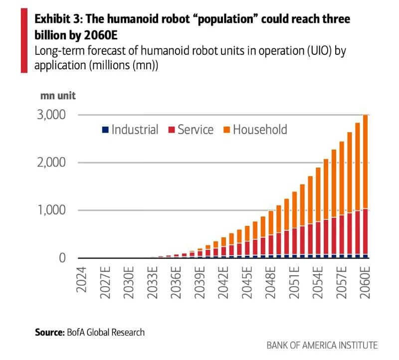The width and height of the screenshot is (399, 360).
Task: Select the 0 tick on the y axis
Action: pos(62,258)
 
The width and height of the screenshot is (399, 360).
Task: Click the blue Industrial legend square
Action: pos(105,130)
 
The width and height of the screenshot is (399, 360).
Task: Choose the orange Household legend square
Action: pos(226,130)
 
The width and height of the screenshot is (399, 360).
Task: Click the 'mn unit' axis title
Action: pos(55,95)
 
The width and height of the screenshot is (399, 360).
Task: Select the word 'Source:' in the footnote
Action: pos(50,332)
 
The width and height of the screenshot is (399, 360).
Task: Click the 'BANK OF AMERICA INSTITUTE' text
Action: pos(322,345)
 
